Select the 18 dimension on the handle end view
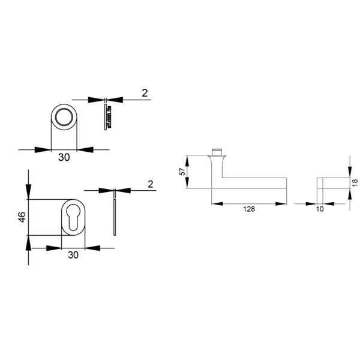click(x=355, y=181)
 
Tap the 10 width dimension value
click(x=319, y=209)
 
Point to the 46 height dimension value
click(x=22, y=217)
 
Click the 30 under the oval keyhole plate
click(x=73, y=255)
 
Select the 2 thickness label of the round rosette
click(x=144, y=93)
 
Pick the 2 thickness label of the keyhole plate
click(x=150, y=184)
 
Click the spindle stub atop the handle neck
click(x=218, y=150)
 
